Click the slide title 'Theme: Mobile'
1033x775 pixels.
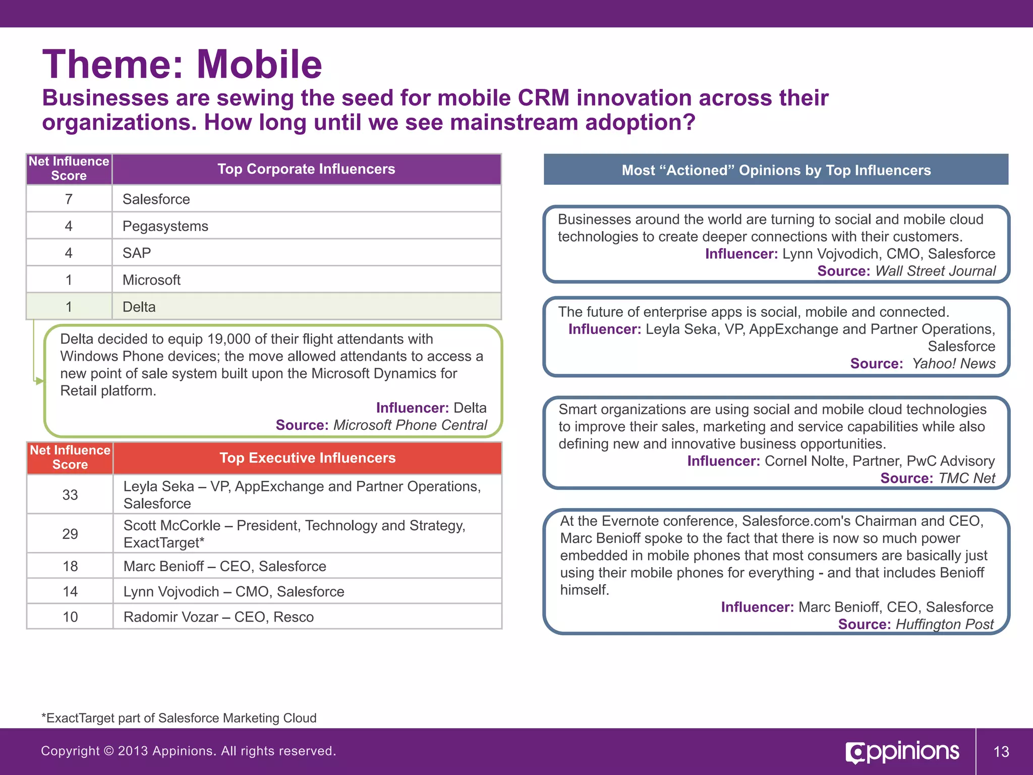click(x=182, y=65)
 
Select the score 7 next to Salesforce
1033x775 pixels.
click(x=69, y=199)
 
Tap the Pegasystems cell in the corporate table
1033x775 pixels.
click(x=165, y=226)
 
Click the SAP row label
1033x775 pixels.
click(x=137, y=253)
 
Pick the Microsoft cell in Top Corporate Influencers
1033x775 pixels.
click(x=151, y=280)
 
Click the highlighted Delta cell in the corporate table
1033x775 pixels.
click(x=139, y=307)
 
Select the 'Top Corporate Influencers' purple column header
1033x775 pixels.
click(x=306, y=169)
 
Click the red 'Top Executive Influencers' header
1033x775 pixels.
click(x=307, y=458)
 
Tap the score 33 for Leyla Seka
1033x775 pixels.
click(x=70, y=494)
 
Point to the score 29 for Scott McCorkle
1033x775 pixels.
click(x=70, y=534)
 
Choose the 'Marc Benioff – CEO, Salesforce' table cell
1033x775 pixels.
click(x=225, y=566)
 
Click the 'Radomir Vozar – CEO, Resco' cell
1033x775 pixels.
click(x=218, y=617)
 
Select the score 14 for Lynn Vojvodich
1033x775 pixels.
click(x=70, y=591)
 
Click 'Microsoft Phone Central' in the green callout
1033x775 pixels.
click(x=410, y=425)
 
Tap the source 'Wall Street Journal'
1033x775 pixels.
click(x=935, y=271)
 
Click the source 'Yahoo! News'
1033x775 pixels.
click(x=953, y=363)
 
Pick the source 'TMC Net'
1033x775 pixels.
click(x=966, y=478)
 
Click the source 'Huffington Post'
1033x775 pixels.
click(x=944, y=624)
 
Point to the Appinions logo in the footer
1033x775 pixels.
click(x=902, y=752)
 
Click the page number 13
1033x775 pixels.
click(x=1001, y=752)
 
